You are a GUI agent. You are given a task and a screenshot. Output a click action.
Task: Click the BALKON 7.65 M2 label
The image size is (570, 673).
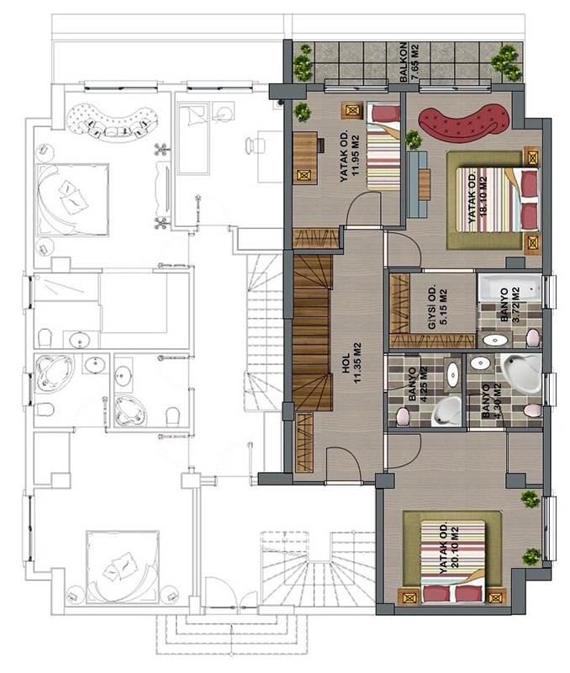[409, 61]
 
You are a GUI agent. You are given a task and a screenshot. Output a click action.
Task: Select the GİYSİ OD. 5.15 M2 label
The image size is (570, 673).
[438, 306]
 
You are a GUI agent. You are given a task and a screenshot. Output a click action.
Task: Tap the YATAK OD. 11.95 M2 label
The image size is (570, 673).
[349, 155]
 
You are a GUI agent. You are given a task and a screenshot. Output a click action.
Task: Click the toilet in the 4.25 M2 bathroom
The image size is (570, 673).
[403, 416]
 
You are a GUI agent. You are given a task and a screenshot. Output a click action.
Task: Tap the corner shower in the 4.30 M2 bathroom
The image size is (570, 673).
[521, 373]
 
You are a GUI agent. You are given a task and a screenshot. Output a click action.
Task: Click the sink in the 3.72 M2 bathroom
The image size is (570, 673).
[495, 341]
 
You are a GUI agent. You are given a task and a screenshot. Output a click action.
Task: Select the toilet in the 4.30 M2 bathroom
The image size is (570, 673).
[532, 411]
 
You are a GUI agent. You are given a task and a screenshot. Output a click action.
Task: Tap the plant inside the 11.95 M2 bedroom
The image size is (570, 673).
[303, 112]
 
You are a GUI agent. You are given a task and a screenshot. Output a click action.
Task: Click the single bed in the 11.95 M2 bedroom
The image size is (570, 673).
[383, 146]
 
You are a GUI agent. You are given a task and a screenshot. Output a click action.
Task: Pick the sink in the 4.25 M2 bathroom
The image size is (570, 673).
[453, 374]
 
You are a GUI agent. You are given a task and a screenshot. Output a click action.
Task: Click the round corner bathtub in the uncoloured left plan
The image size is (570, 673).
[50, 373]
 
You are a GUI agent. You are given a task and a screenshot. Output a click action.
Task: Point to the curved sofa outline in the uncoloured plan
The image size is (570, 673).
[112, 120]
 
